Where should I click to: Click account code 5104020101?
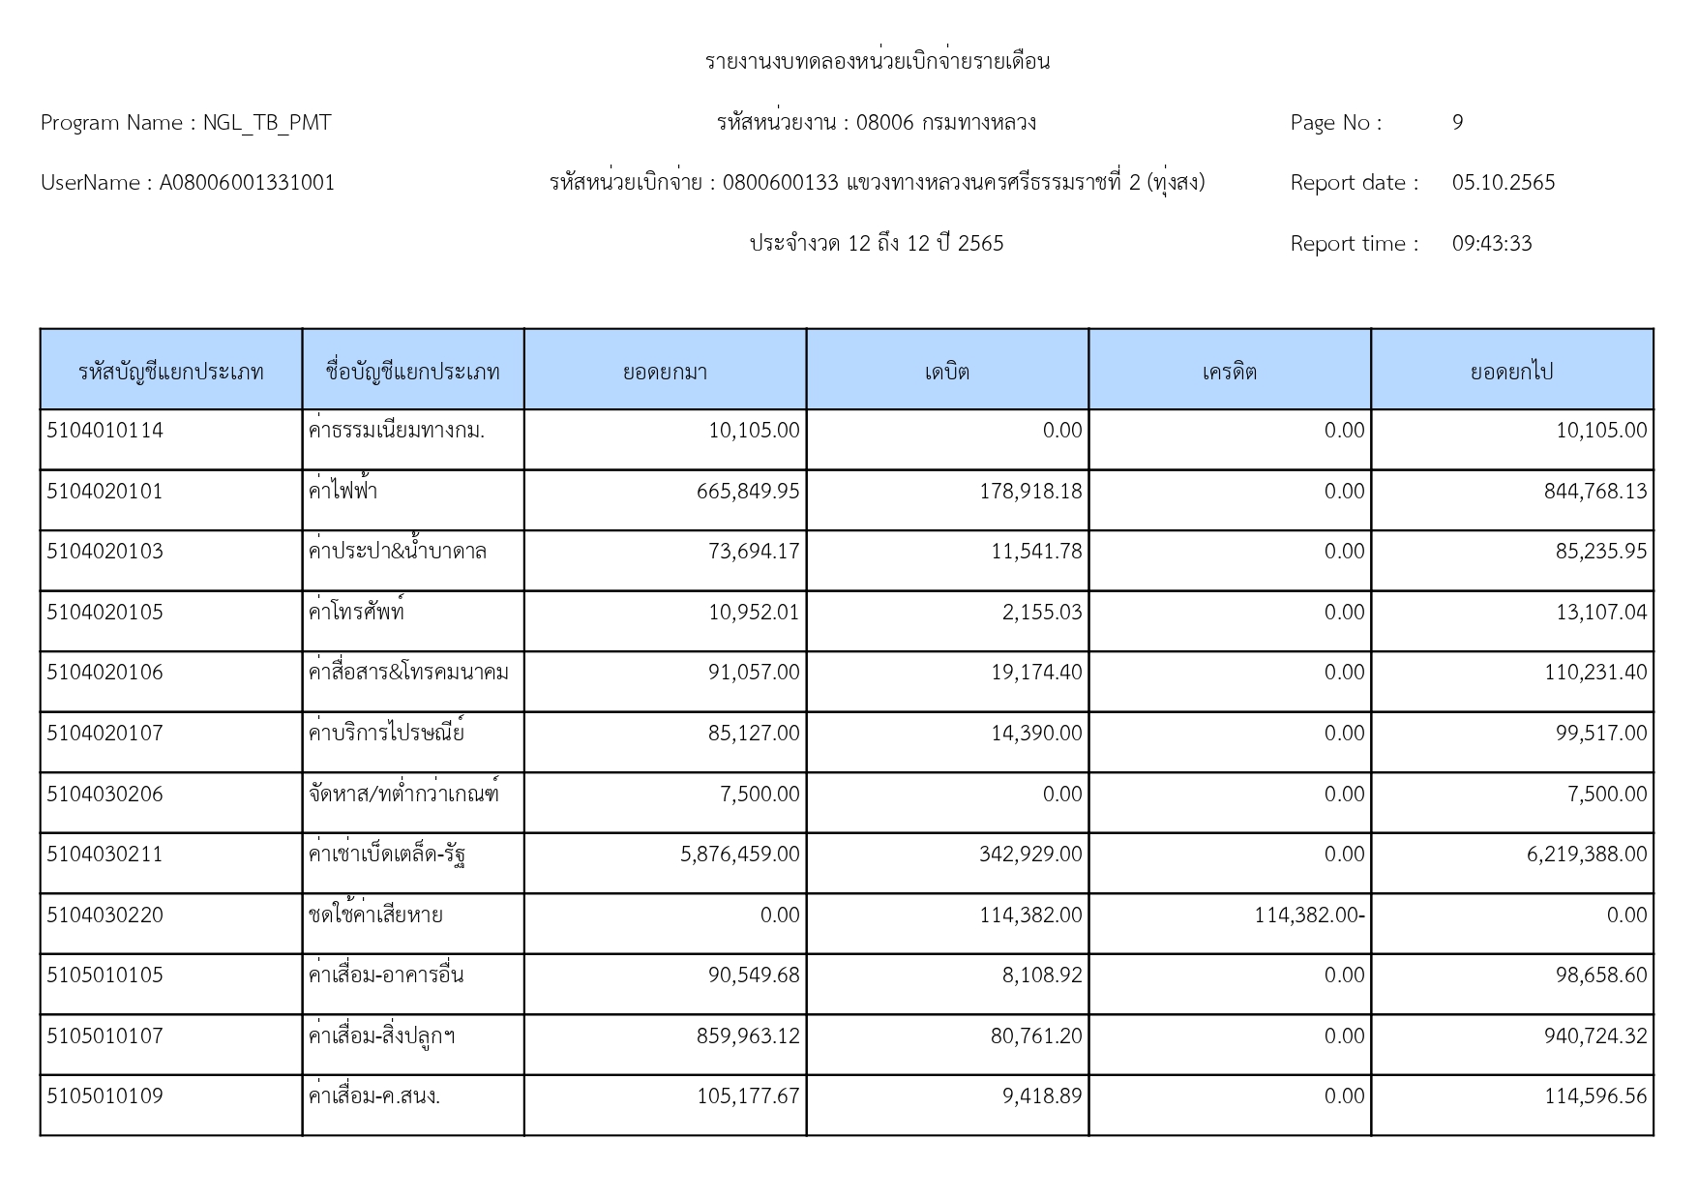pos(104,492)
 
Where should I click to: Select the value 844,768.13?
pos(1594,492)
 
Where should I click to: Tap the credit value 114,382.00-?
pos(1309,915)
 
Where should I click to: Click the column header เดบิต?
pos(946,372)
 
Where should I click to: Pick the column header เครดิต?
pos(1229,372)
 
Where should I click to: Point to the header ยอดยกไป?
pos(1511,372)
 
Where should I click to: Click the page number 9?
pos(1457,123)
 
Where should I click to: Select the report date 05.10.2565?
pos(1503,183)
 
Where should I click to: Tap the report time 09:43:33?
pos(1491,244)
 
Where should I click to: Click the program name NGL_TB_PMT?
pos(266,123)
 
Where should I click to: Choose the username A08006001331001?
pos(247,183)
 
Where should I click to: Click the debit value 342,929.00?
pos(1030,855)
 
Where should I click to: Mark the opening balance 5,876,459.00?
pos(739,855)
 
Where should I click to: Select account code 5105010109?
pos(104,1096)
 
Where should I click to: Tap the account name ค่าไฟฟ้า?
pos(343,492)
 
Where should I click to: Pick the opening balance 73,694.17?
pos(754,552)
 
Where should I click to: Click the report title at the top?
pos(877,62)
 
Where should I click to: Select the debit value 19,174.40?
pos(1035,673)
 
